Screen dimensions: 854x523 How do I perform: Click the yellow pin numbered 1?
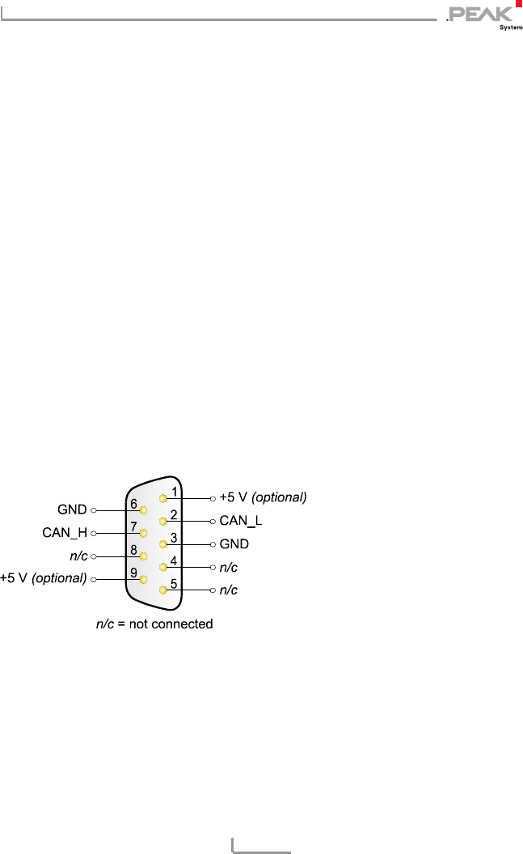[164, 498]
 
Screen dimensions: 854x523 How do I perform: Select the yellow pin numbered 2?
[164, 521]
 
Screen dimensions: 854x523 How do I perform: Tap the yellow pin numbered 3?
[164, 544]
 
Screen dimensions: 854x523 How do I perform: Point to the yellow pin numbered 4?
[164, 567]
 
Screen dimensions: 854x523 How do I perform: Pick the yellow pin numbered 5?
[164, 590]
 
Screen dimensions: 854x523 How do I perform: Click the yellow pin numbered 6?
[143, 510]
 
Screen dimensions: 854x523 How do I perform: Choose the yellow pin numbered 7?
[143, 533]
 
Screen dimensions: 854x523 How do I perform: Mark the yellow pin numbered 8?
[143, 556]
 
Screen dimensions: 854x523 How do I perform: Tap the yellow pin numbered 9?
[143, 579]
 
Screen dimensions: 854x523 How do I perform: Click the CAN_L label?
[241, 521]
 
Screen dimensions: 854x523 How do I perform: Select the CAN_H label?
[65, 533]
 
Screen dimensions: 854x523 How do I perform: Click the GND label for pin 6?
[72, 510]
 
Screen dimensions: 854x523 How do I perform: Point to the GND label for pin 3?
[234, 544]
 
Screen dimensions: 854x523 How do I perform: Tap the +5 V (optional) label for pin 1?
[264, 497]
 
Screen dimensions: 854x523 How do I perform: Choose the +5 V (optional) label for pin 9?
[44, 578]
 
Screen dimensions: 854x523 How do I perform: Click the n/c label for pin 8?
[78, 556]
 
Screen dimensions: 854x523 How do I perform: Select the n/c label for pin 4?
[229, 568]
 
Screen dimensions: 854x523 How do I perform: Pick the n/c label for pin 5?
[229, 590]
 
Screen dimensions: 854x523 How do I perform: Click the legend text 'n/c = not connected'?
[154, 624]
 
